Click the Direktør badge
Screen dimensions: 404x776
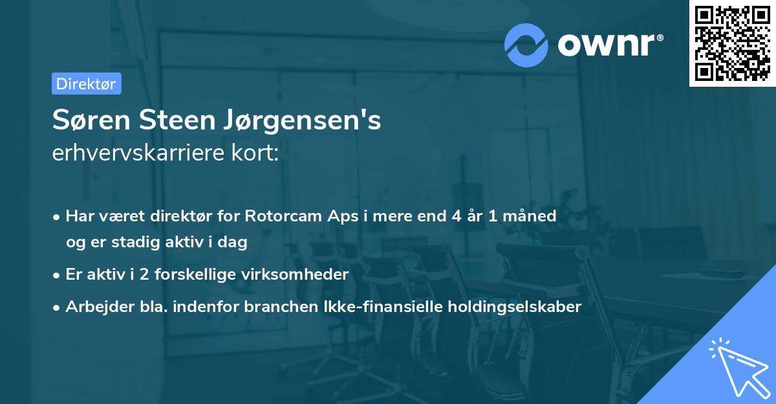click(x=86, y=84)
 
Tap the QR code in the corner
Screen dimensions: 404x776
click(x=732, y=43)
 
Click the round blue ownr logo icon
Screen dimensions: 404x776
click(x=526, y=45)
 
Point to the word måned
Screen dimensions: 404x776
click(x=532, y=216)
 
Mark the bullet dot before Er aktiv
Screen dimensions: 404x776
click(x=58, y=275)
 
